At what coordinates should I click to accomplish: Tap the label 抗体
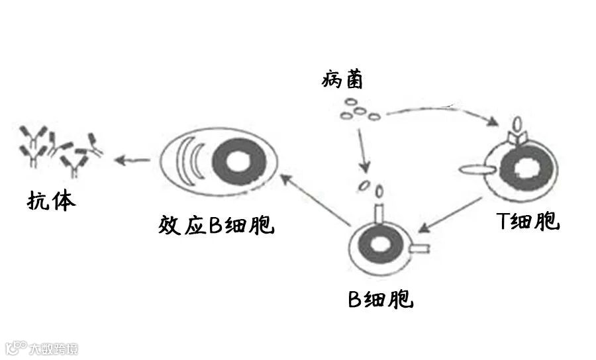click(x=52, y=200)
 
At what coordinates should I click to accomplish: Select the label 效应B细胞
click(x=217, y=224)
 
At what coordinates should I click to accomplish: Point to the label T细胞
click(x=528, y=221)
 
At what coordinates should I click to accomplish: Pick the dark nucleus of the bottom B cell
click(x=379, y=244)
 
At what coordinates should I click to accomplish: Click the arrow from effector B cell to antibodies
click(x=132, y=159)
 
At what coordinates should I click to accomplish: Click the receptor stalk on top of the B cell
click(x=379, y=212)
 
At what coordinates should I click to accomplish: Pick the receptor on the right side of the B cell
click(x=420, y=249)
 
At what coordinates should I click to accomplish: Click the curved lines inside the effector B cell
click(x=188, y=161)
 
